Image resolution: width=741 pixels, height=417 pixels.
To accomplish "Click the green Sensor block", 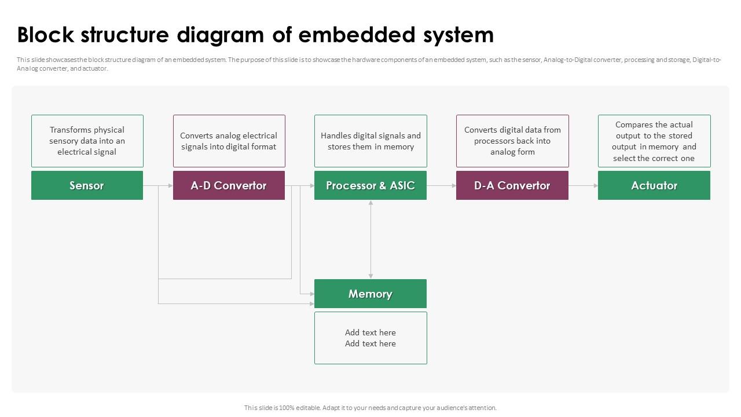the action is [x=87, y=185].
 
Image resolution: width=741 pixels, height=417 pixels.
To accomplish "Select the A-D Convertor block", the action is [x=229, y=185].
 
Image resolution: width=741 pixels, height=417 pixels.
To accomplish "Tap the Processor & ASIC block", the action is [x=370, y=185].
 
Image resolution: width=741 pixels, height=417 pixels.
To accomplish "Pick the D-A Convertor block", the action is [x=512, y=185].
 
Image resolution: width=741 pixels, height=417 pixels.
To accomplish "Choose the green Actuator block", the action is [x=654, y=185].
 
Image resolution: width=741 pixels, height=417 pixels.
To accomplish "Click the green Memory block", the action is [x=370, y=294].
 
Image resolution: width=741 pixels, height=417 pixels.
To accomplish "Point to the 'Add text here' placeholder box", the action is [x=370, y=338].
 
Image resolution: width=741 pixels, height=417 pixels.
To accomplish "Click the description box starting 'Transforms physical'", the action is [x=87, y=141].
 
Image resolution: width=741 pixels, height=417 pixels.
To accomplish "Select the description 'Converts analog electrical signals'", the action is [x=229, y=141].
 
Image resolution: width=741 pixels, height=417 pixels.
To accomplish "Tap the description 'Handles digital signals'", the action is [x=370, y=141].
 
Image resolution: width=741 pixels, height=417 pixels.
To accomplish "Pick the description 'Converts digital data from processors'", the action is [x=512, y=141].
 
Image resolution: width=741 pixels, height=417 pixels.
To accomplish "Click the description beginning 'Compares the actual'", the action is [x=654, y=141].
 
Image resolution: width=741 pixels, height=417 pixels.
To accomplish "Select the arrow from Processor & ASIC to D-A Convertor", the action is [x=442, y=186].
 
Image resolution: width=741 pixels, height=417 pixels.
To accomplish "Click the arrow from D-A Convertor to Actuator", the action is [x=583, y=186].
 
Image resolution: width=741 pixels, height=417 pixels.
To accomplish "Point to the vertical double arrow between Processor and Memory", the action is [x=370, y=240].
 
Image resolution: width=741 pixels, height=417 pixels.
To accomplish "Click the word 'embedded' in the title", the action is [x=357, y=35].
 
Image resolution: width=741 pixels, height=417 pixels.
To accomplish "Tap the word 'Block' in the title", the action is [x=46, y=35].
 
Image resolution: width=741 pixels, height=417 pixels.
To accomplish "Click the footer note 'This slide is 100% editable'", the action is [x=370, y=408].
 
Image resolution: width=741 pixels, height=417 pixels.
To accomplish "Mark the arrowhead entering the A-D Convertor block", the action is [x=171, y=186].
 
